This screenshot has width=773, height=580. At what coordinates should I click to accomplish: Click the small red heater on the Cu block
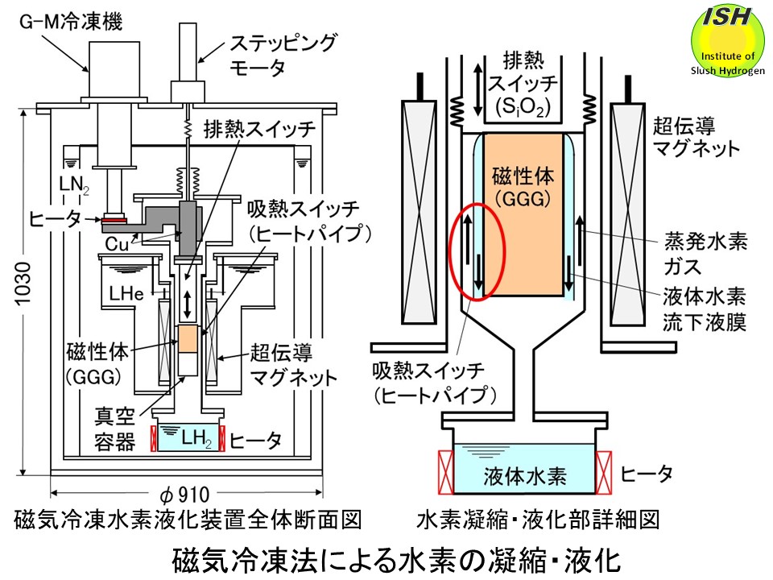pyautogui.click(x=114, y=217)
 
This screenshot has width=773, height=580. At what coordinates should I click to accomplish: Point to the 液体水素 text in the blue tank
pyautogui.click(x=525, y=475)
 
